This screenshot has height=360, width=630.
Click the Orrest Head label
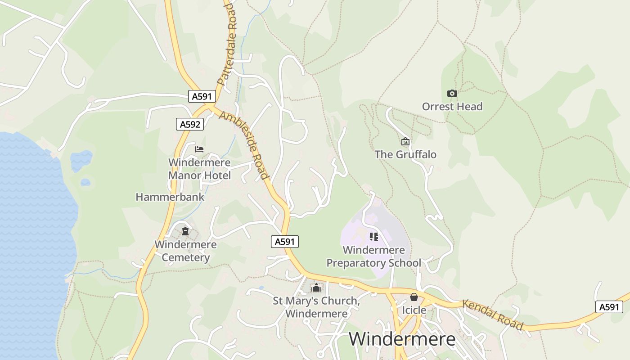coord(452,107)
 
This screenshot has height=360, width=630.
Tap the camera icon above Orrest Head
coord(452,94)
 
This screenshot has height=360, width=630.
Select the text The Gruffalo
coord(405,154)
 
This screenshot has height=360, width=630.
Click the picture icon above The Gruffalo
coord(405,142)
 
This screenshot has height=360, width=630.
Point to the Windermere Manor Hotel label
coord(199,169)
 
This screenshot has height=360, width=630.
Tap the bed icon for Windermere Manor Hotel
coord(199,149)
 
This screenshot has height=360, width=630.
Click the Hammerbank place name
coord(170,197)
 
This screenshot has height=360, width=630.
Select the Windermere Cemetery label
coord(185,251)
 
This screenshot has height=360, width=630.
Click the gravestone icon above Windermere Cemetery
coord(185,232)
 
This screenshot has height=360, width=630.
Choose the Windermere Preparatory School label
coord(373,256)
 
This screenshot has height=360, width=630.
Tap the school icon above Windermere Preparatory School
coord(373,237)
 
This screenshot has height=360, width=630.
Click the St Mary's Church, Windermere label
coord(316,307)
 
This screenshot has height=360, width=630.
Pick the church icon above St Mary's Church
coord(316,288)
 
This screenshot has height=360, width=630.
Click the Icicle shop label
coord(414,310)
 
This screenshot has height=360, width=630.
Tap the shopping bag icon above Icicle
coord(414,297)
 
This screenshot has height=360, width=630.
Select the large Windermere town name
coord(402,339)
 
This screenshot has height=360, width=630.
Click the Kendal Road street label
coord(493,315)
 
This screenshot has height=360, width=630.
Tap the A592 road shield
coord(190,124)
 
